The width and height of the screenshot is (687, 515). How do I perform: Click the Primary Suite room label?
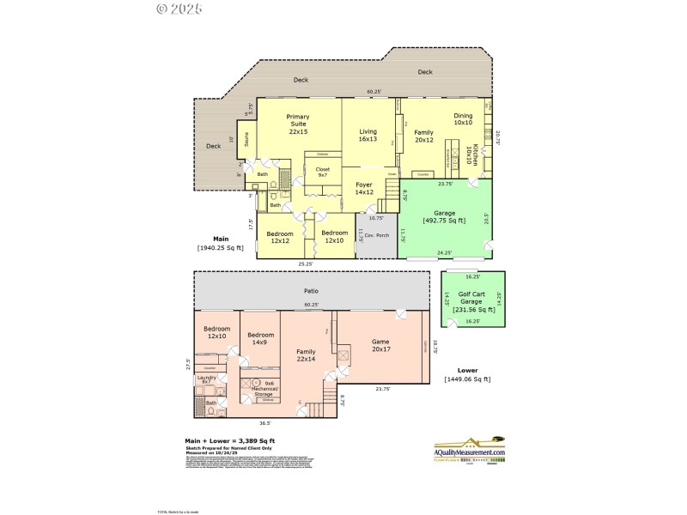[x=298, y=124]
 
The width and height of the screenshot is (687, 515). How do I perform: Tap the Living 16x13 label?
[x=368, y=135]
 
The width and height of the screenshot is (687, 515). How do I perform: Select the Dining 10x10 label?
[x=463, y=119]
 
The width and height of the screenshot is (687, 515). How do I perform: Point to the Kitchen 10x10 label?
[x=469, y=156]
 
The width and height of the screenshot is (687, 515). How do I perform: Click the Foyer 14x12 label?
[x=364, y=188]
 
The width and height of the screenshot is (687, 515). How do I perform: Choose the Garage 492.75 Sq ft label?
[x=445, y=216]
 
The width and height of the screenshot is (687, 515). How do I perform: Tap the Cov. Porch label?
[x=376, y=234]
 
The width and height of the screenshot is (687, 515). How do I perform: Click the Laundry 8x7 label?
[x=206, y=379]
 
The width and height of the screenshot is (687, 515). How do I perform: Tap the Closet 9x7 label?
[x=323, y=173]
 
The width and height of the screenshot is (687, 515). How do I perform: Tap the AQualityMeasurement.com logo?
[x=469, y=452]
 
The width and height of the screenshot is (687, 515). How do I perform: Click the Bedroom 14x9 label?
[x=260, y=338]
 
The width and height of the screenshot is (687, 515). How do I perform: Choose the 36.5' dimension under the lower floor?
[x=265, y=422]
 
